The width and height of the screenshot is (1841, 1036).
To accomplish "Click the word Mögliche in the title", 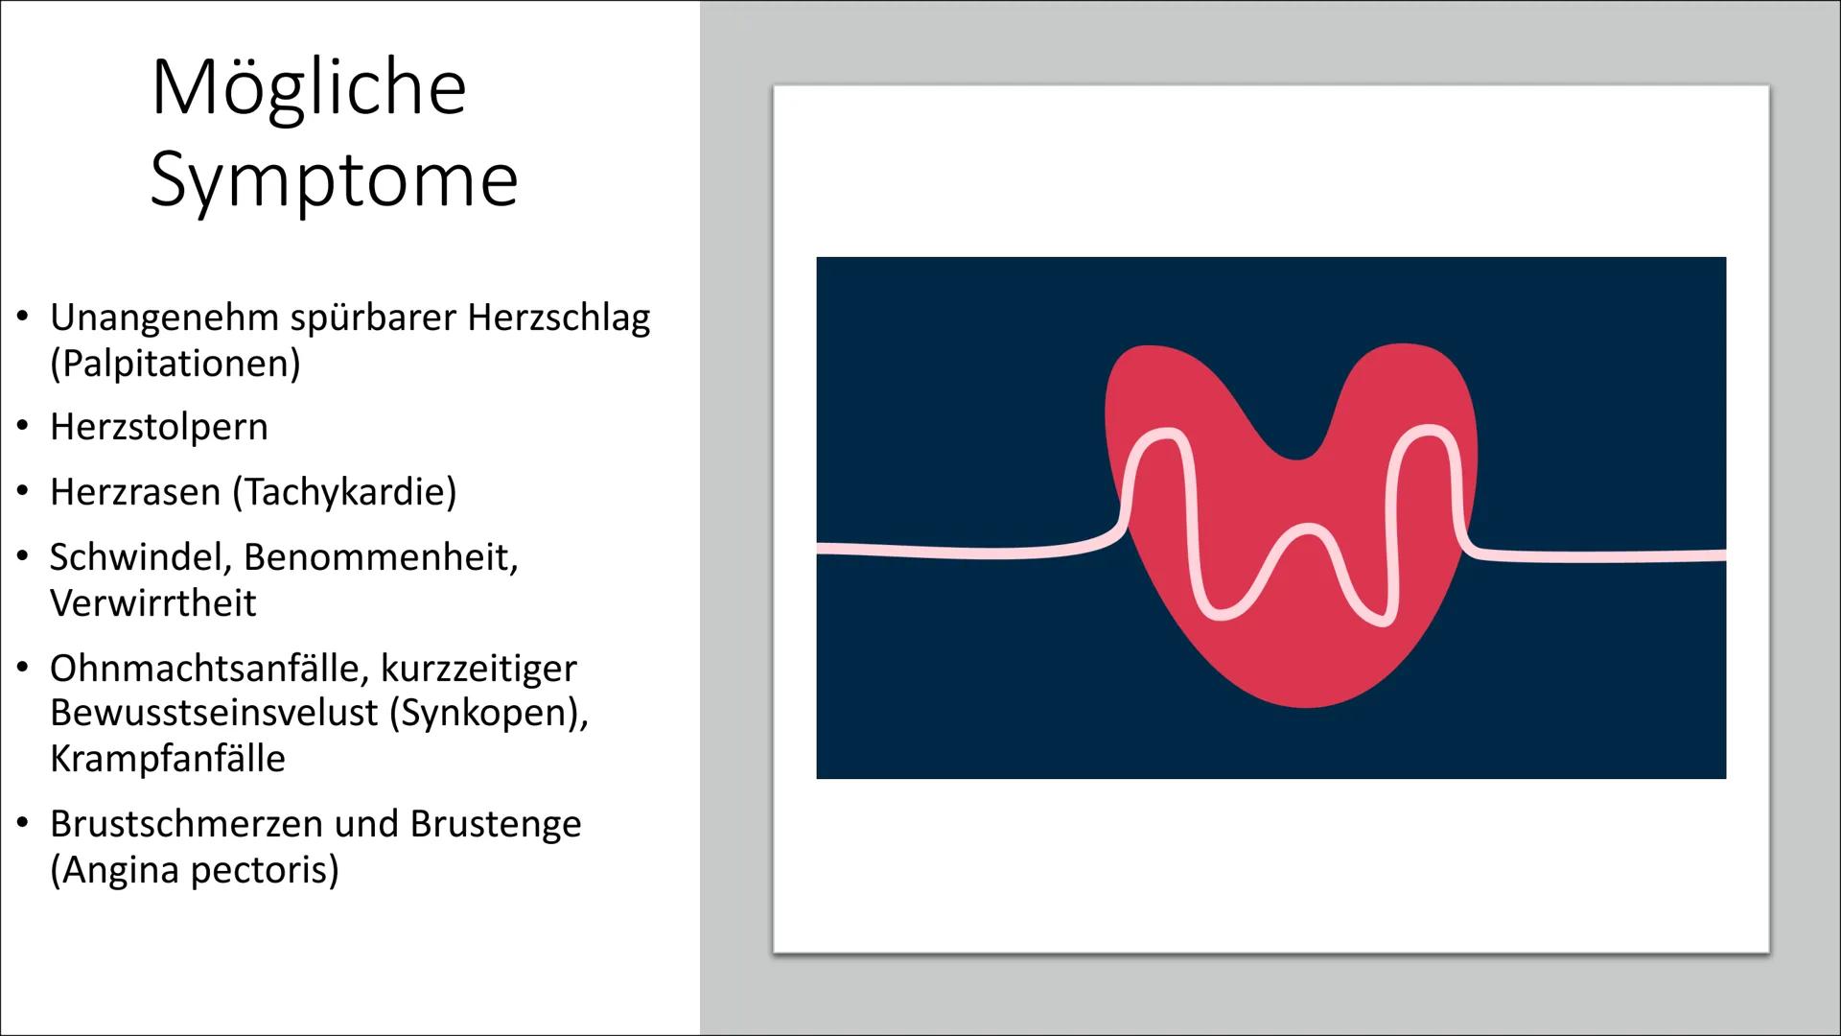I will [309, 89].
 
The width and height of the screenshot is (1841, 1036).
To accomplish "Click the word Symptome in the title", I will [334, 179].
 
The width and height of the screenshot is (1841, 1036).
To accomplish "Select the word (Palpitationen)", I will [175, 364].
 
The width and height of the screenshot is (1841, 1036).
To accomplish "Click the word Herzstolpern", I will [159, 427].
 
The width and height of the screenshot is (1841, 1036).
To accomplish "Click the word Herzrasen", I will [135, 492].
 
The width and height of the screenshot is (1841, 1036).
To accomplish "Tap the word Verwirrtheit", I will [153, 603].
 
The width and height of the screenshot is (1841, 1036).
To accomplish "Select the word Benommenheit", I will [381, 557].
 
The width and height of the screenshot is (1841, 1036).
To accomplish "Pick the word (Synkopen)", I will [489, 713].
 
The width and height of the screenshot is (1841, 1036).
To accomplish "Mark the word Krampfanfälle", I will [168, 759].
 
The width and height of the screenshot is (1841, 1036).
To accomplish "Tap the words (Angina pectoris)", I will [195, 870].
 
